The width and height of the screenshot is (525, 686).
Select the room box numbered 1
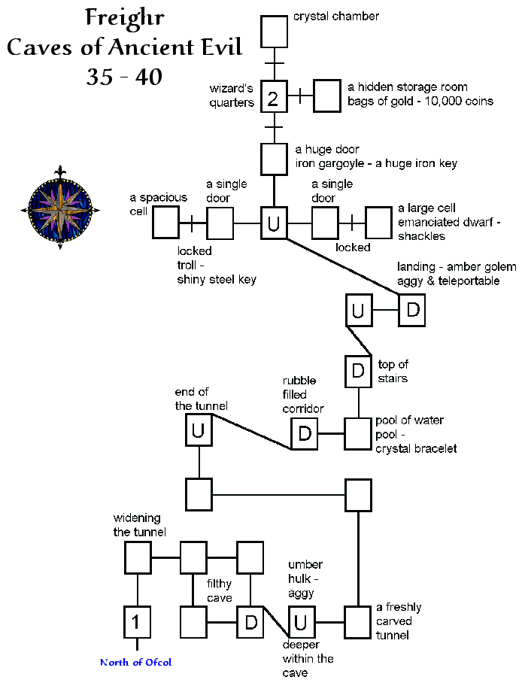137,622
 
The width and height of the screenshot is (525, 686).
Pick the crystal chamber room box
274,31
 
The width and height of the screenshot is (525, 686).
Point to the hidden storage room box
327,96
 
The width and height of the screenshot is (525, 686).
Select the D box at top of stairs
359,370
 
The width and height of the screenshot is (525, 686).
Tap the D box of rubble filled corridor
305,433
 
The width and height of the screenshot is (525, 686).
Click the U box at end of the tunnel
199,431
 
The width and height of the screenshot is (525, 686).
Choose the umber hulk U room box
300,622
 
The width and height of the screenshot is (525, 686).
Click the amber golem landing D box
412,310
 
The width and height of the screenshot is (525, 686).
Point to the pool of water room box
359,433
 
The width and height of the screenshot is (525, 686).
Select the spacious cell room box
165,223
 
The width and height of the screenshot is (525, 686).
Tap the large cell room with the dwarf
378,223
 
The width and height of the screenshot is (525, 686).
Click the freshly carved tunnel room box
359,621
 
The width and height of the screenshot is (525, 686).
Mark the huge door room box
274,158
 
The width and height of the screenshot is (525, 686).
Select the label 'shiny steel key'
217,280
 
